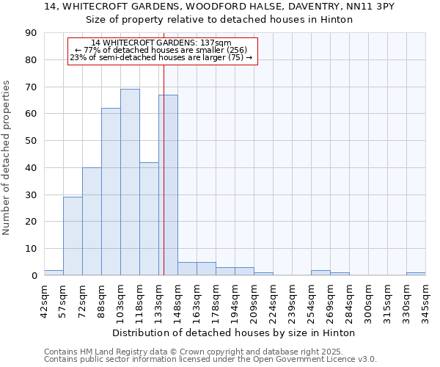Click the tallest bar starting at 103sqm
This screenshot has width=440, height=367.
130,182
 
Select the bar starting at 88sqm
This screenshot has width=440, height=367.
111,192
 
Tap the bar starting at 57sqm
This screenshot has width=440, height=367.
73,236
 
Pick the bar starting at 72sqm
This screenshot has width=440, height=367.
92,221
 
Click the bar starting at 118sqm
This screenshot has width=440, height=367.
149,219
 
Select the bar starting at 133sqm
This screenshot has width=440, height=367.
168,185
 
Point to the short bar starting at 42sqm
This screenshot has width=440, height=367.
54,272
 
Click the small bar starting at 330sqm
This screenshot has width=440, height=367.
416,274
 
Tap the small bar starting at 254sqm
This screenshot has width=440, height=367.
320,272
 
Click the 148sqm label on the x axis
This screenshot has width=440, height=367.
177,299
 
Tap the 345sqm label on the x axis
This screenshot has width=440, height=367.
425,299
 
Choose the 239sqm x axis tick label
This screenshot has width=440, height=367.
292,299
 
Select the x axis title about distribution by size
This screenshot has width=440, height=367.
235,333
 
